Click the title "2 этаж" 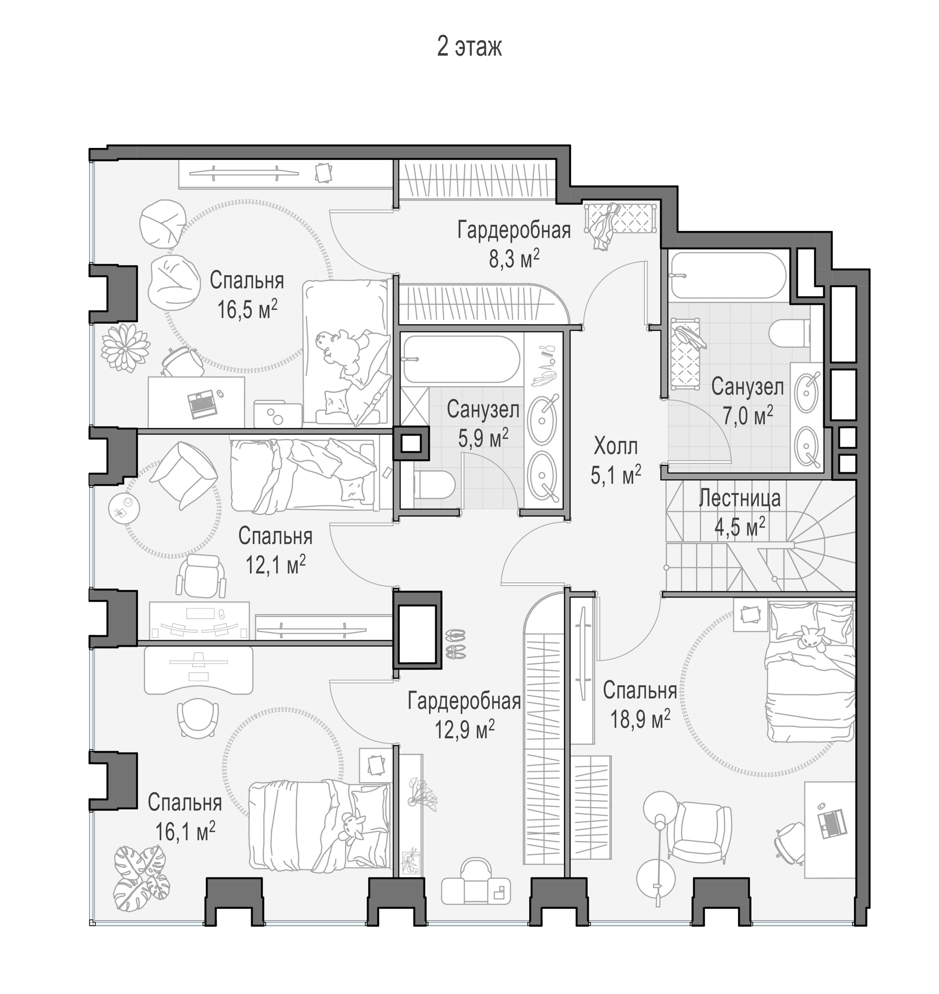pyautogui.click(x=469, y=47)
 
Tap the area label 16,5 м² pyautogui.click(x=247, y=310)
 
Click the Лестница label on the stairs pyautogui.click(x=739, y=499)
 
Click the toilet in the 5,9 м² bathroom pyautogui.click(x=433, y=485)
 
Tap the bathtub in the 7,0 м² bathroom pyautogui.click(x=728, y=275)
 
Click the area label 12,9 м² pyautogui.click(x=464, y=730)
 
